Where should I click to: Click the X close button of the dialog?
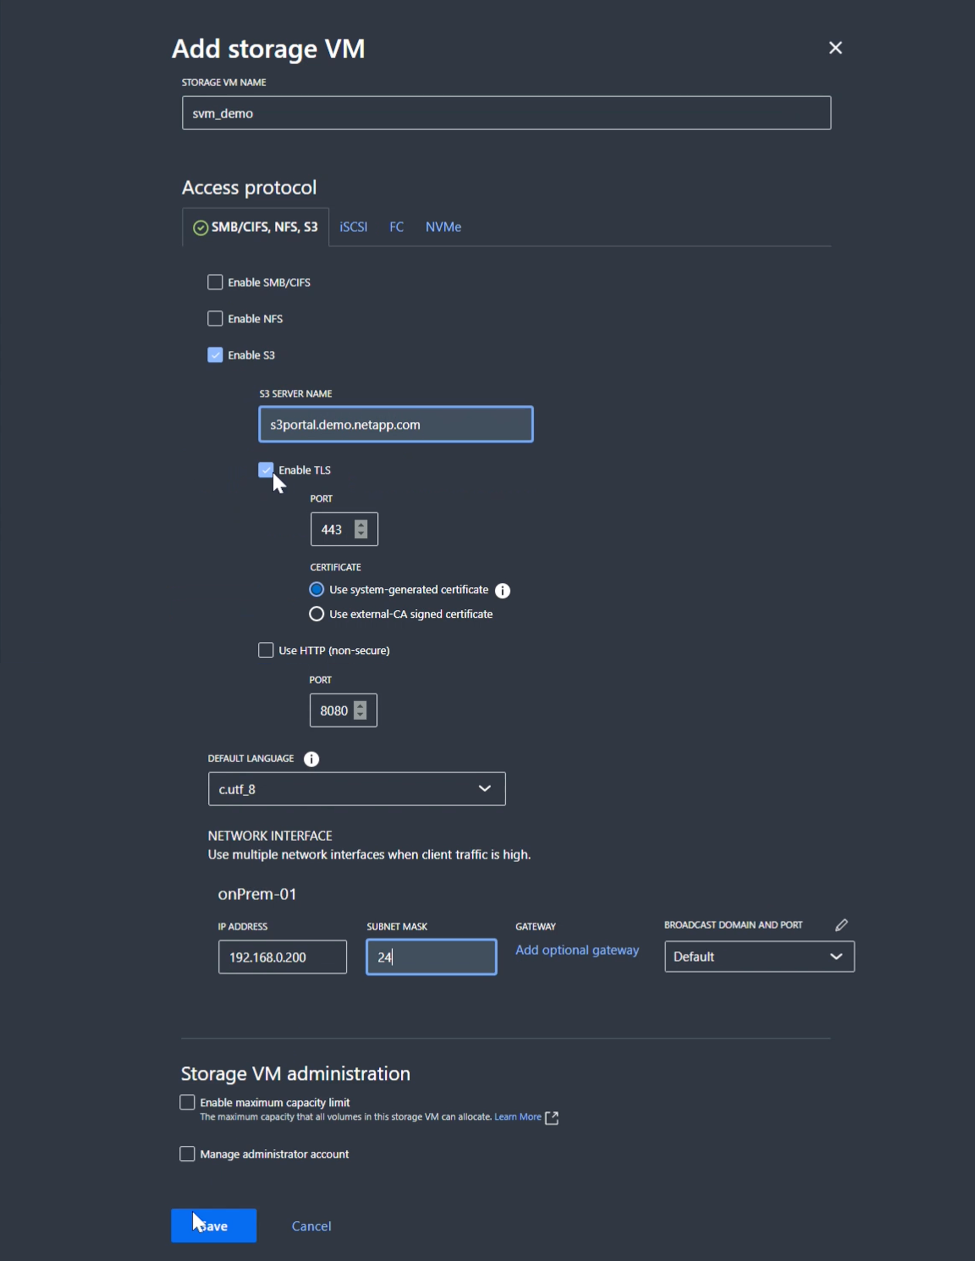(x=835, y=48)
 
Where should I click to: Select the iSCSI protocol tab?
(x=353, y=227)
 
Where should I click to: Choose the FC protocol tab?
(x=396, y=227)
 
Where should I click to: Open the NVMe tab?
(x=443, y=227)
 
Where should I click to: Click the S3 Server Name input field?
(x=395, y=425)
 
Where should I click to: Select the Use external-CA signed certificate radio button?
(x=316, y=614)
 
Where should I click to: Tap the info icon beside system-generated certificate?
(x=502, y=590)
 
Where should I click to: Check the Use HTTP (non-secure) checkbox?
(x=265, y=650)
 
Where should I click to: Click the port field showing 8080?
(x=334, y=711)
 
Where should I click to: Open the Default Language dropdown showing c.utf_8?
(x=356, y=789)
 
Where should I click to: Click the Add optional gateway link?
(x=577, y=950)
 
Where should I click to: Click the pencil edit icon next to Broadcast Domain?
(x=841, y=925)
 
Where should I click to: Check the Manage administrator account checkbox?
(x=187, y=1154)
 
